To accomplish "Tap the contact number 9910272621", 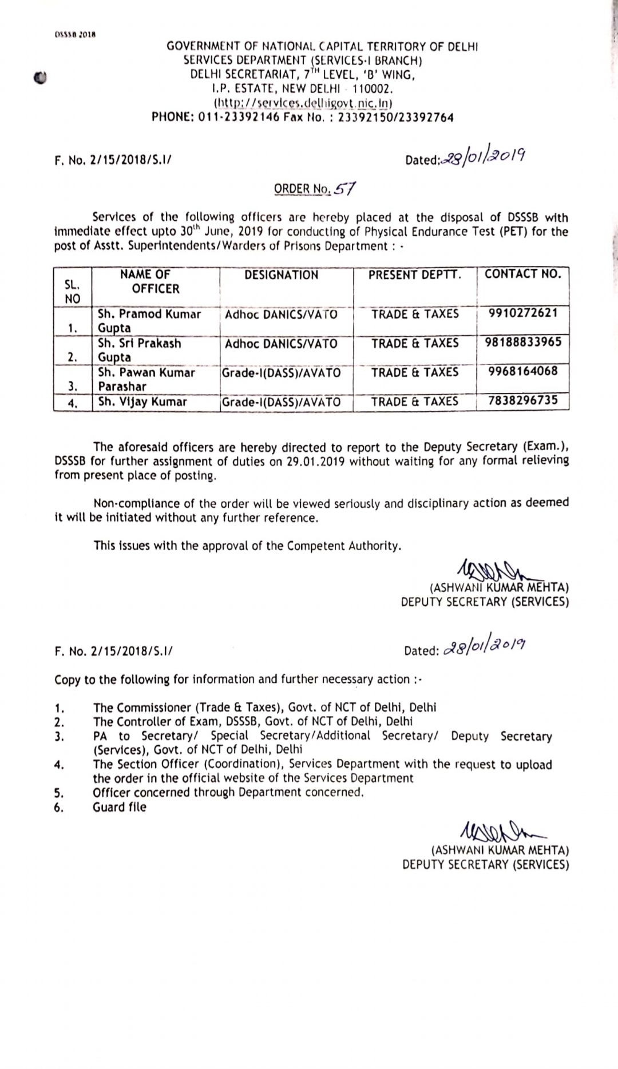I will click(522, 313).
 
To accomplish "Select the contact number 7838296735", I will click(522, 400).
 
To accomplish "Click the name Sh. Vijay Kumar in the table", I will click(142, 402).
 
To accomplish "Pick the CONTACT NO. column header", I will click(522, 274).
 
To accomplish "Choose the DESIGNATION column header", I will click(281, 275).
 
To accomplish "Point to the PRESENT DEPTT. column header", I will click(414, 275).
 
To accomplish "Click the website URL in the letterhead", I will click(303, 103).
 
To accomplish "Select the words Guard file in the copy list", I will click(120, 807).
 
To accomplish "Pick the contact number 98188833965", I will click(523, 342).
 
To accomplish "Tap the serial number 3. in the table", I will click(73, 386).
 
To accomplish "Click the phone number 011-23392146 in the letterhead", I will click(239, 117).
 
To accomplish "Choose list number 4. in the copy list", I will click(59, 765).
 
